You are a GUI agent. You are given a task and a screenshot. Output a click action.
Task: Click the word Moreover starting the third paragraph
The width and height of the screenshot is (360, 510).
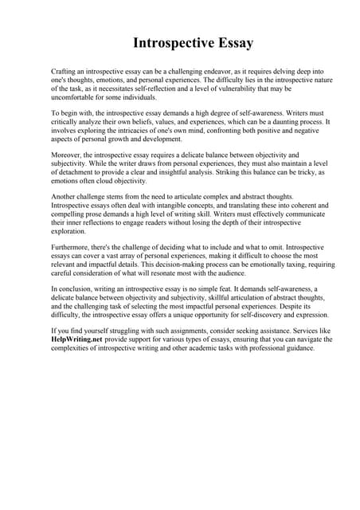pos(67,155)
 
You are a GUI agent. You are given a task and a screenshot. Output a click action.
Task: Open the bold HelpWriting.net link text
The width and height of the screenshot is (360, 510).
pos(76,339)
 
